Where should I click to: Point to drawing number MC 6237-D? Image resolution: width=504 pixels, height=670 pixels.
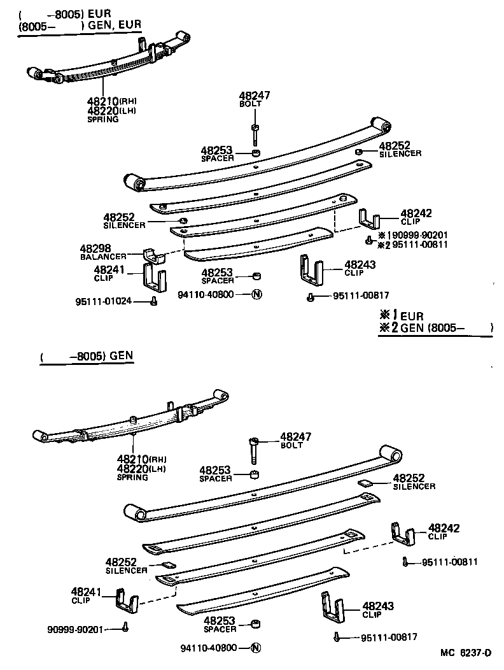click(466, 653)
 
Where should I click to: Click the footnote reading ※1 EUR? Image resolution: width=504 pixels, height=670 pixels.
click(400, 315)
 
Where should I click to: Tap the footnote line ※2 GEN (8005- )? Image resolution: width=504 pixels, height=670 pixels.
click(435, 328)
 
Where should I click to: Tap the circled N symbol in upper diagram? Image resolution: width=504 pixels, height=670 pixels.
click(256, 294)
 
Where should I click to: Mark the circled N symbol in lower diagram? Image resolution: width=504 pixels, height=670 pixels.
click(256, 648)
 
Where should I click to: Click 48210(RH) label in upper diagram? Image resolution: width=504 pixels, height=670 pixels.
click(111, 101)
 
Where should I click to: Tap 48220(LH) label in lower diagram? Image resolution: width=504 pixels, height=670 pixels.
click(140, 469)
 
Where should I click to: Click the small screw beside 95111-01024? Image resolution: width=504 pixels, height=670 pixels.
click(153, 301)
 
